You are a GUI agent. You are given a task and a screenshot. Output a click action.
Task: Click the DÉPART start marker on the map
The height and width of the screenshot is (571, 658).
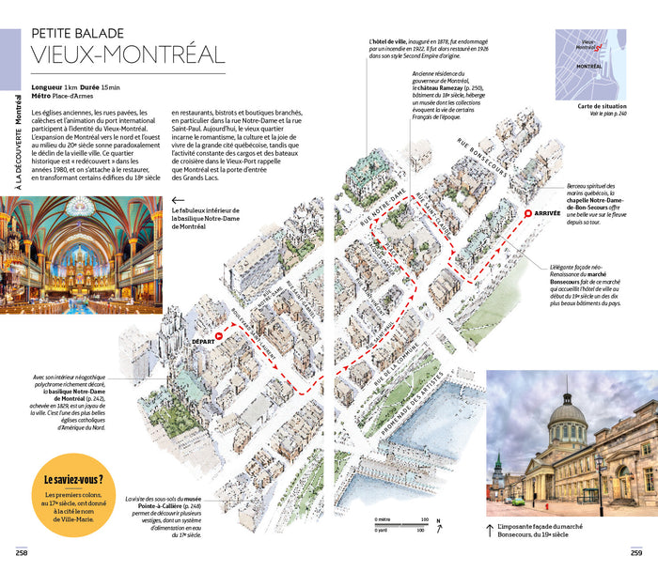pos(218,335)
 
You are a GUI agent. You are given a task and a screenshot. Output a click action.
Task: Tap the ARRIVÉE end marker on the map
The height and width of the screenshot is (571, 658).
pos(528,213)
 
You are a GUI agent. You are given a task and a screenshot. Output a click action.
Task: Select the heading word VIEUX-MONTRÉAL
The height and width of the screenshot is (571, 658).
pos(127,54)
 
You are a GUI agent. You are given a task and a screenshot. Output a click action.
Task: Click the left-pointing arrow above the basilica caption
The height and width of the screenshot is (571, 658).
pos(178,199)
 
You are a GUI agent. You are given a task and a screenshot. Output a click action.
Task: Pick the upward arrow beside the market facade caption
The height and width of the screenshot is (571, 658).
pos(490,530)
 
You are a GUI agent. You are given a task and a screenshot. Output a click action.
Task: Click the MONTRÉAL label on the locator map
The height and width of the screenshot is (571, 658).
pos(589,67)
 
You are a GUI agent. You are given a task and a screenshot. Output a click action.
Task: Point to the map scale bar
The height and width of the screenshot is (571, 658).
pos(401,524)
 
